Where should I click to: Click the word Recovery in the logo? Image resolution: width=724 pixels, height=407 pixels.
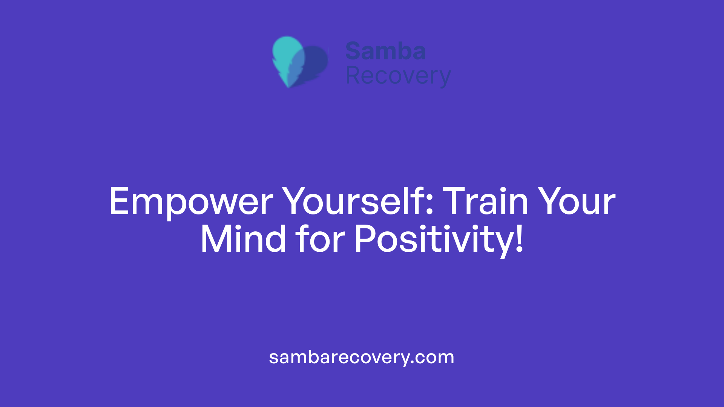398,76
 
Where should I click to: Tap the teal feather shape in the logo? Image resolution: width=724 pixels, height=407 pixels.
287,57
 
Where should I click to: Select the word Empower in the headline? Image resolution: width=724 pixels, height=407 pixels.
191,202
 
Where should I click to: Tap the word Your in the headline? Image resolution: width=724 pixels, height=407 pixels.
577,202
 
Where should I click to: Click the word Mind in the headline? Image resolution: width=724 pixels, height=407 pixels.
243,239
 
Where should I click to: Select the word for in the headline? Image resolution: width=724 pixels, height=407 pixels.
320,239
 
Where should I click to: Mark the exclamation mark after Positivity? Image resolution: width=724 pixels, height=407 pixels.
520,239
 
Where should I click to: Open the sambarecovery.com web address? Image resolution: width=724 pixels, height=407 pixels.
362,357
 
